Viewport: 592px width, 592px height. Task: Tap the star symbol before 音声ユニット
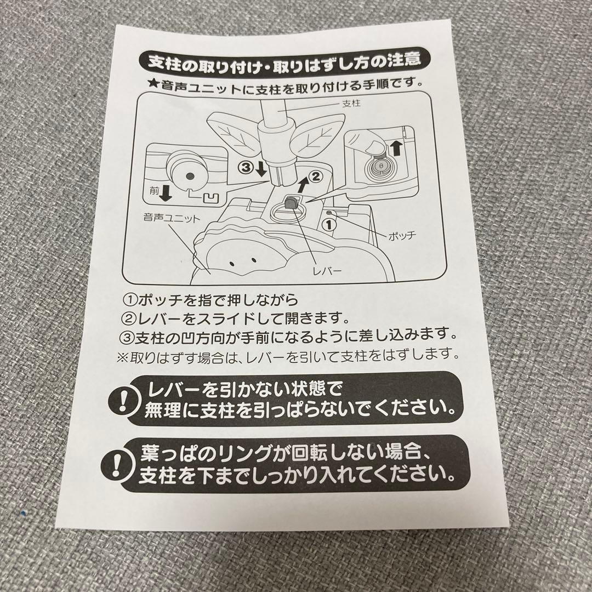[x=153, y=85]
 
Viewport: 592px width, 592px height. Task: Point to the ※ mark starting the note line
[x=121, y=355]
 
